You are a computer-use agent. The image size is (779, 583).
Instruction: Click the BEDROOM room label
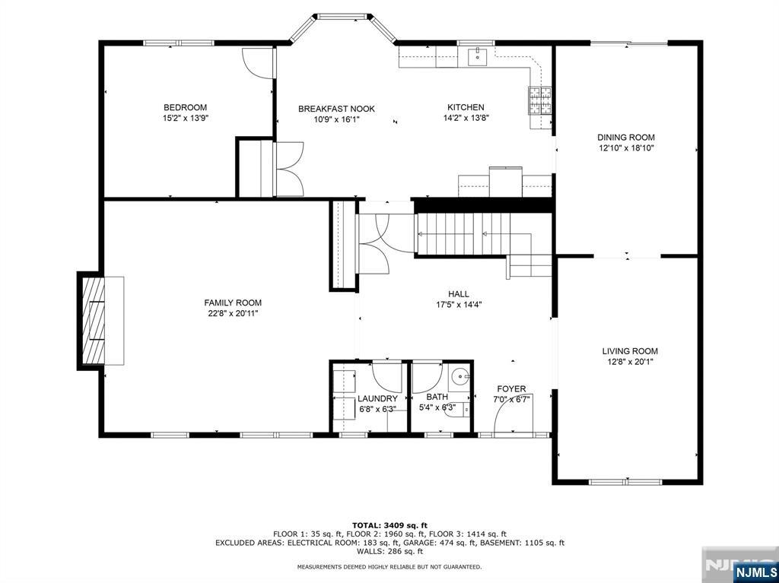pos(185,108)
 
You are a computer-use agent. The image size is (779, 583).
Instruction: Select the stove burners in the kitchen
pos(539,100)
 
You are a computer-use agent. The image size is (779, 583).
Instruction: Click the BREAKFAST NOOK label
pos(336,109)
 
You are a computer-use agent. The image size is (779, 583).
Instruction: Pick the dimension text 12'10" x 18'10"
pos(626,148)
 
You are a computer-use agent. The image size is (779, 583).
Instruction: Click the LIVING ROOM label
pos(630,351)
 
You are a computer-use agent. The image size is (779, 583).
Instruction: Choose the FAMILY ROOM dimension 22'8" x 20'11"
pos(232,313)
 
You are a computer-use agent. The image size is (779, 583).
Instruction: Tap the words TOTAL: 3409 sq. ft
pos(389,525)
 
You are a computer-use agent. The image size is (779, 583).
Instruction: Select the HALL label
pos(458,294)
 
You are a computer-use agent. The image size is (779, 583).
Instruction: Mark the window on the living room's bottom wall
pos(625,482)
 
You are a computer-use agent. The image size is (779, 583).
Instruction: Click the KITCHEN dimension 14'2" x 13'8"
pos(466,118)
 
